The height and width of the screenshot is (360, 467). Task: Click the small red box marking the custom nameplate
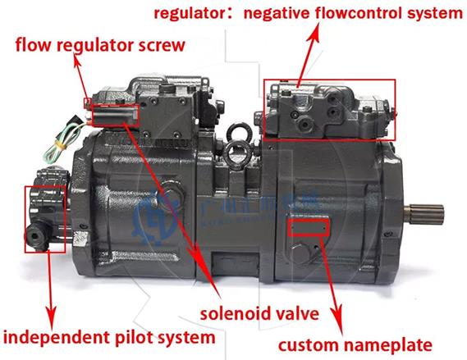[309, 225]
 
